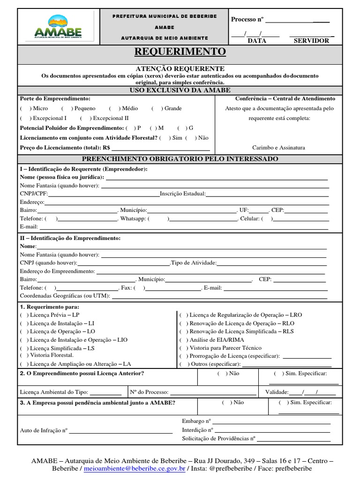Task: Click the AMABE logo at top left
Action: [x=58, y=27]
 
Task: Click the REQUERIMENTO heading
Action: [x=180, y=51]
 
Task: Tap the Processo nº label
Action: [x=247, y=19]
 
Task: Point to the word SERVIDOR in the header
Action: [x=311, y=41]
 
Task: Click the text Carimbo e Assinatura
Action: [x=278, y=147]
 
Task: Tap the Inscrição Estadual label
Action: [x=183, y=193]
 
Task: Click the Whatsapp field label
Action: [x=133, y=218]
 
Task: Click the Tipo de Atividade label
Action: [x=194, y=262]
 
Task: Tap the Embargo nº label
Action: [x=196, y=421]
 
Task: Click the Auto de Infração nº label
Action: [x=44, y=430]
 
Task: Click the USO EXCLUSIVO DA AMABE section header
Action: [x=180, y=90]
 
